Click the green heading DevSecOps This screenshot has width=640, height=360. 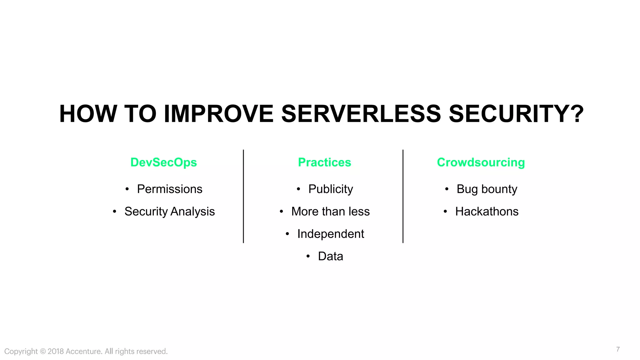(163, 162)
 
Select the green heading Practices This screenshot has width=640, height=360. (324, 162)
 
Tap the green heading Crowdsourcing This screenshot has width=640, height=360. (481, 162)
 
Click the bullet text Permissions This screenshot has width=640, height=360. (170, 189)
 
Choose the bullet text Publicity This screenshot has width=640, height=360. (331, 189)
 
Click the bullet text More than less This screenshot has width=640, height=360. (330, 212)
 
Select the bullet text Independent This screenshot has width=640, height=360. (330, 234)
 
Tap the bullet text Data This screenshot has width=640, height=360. (330, 256)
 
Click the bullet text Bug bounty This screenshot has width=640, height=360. (487, 189)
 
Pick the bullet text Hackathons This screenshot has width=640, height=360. (487, 212)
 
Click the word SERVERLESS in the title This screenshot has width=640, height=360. (361, 114)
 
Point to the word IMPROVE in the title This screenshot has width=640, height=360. (218, 114)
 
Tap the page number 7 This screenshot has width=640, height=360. (618, 349)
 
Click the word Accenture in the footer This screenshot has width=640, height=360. (83, 351)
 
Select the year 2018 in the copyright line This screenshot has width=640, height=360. (56, 351)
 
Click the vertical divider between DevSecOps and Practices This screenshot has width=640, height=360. (243, 196)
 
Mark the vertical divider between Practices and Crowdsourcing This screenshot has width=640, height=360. (403, 196)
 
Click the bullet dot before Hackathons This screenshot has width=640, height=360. (445, 212)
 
